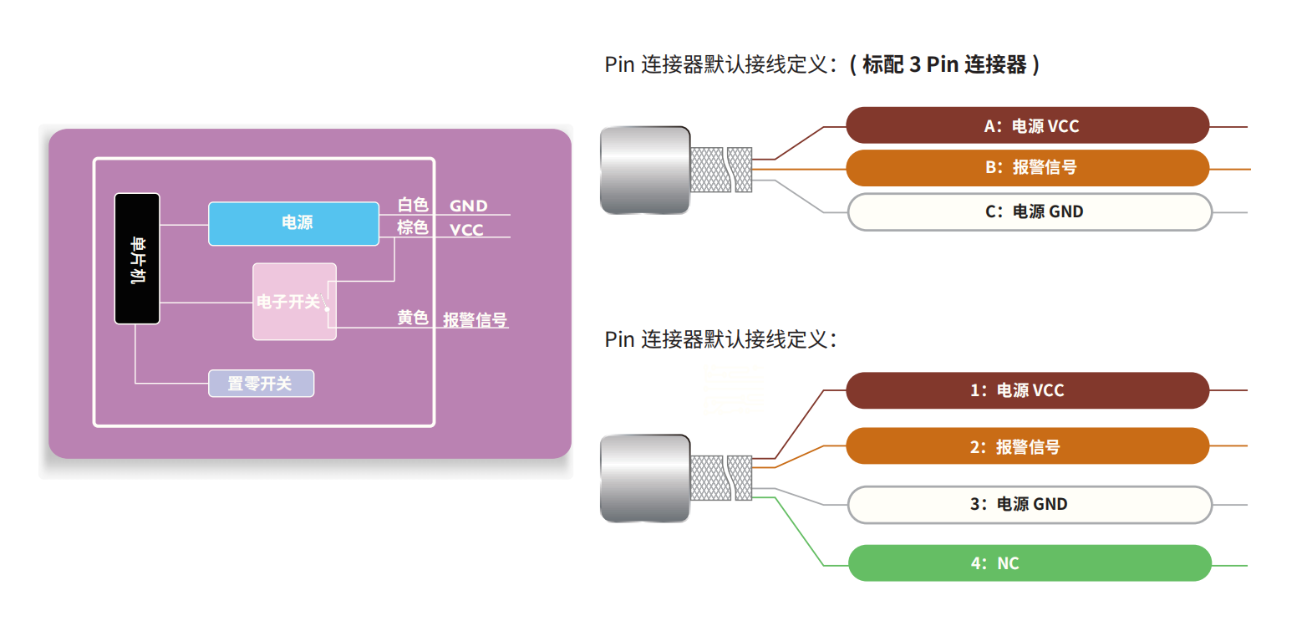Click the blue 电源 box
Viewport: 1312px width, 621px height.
pyautogui.click(x=293, y=223)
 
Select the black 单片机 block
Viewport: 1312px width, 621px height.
pyautogui.click(x=137, y=258)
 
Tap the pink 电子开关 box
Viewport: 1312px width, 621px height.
pyautogui.click(x=293, y=302)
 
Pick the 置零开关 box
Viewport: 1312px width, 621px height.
pyautogui.click(x=261, y=384)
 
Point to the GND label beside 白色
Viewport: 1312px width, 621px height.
pyautogui.click(x=468, y=206)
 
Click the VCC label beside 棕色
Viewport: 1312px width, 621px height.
pyautogui.click(x=466, y=230)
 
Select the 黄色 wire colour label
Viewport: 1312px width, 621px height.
pyautogui.click(x=412, y=318)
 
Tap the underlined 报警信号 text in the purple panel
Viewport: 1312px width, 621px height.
pyautogui.click(x=475, y=320)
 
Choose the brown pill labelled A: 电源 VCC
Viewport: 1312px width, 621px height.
pyautogui.click(x=1027, y=126)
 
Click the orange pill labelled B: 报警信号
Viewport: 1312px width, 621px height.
pyautogui.click(x=1027, y=168)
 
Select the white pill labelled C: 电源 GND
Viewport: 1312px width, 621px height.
pyautogui.click(x=1029, y=212)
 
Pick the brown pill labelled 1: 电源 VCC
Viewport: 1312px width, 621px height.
pyautogui.click(x=1027, y=390)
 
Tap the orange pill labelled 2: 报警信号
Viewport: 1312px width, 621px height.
pyautogui.click(x=1027, y=446)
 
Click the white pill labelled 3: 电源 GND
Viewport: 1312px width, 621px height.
pyautogui.click(x=1029, y=505)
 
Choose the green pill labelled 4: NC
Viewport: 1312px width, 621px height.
pyautogui.click(x=1029, y=563)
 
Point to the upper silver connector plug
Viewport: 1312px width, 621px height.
pyautogui.click(x=644, y=170)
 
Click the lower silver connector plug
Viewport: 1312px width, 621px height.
pyautogui.click(x=644, y=478)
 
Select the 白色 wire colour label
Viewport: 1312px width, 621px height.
pyautogui.click(x=412, y=205)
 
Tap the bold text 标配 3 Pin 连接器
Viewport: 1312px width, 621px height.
pyautogui.click(x=944, y=64)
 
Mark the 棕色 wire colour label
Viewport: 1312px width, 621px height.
pyautogui.click(x=412, y=227)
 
